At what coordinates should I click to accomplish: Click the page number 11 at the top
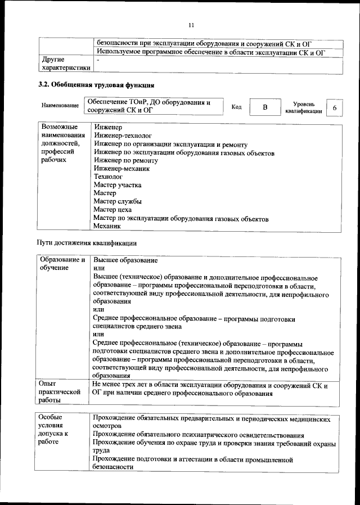(191, 25)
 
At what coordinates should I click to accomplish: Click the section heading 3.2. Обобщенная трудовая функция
(96, 85)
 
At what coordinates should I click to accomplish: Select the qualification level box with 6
(335, 107)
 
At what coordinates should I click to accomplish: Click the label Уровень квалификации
(304, 107)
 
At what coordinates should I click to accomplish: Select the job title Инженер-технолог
(123, 136)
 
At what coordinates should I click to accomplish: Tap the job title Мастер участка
(118, 184)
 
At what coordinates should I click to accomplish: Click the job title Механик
(107, 226)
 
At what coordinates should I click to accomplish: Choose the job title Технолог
(108, 177)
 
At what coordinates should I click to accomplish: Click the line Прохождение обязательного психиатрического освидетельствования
(199, 435)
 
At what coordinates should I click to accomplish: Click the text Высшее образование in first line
(125, 260)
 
